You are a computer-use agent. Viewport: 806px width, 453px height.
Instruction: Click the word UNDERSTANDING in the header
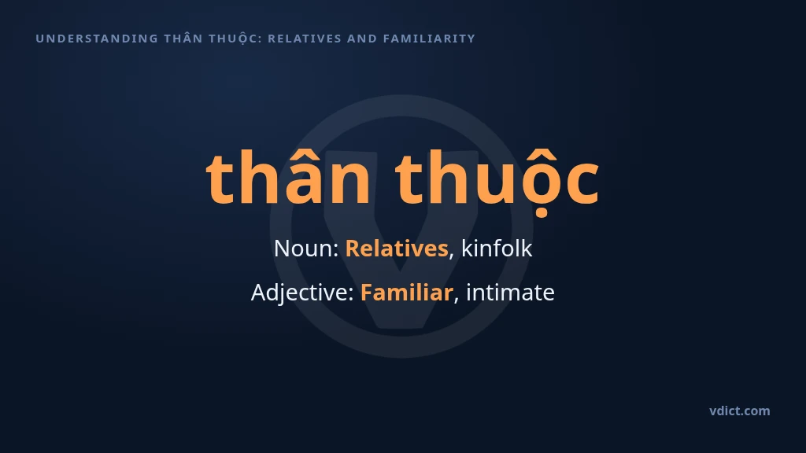point(97,39)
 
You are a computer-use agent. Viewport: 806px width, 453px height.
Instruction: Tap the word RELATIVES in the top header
point(305,39)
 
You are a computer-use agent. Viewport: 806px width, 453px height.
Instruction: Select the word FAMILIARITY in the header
point(429,39)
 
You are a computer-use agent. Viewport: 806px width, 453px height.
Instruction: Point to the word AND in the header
point(362,39)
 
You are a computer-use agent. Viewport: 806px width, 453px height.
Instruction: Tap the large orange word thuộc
point(497,180)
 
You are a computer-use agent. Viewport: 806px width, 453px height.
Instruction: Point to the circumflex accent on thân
point(303,155)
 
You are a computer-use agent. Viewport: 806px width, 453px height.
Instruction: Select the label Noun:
point(306,249)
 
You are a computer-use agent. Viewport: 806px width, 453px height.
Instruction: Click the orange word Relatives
point(397,249)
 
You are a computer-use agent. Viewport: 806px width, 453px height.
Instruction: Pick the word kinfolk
point(497,248)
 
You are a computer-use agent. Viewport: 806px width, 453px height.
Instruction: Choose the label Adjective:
point(303,293)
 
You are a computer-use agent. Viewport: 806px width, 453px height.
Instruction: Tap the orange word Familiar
point(407,293)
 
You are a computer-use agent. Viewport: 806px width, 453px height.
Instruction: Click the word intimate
point(510,293)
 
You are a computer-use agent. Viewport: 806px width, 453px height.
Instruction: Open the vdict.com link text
point(740,411)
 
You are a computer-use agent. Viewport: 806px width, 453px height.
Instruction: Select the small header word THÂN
point(183,38)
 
